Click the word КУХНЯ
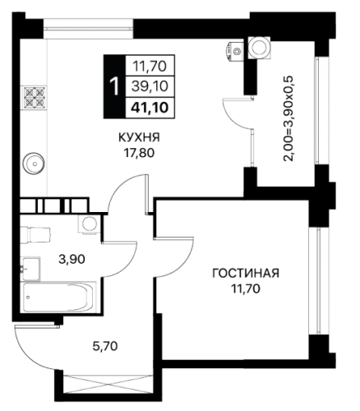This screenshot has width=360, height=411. [x=139, y=137]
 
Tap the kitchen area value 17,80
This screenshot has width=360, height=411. [x=140, y=153]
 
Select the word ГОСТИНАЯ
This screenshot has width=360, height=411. [x=246, y=274]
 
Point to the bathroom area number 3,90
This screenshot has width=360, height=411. [x=72, y=259]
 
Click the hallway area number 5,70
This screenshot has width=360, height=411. [x=105, y=346]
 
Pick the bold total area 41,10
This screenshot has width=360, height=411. [x=150, y=108]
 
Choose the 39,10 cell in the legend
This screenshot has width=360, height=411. [x=150, y=86]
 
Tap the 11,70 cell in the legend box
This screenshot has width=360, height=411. [x=150, y=66]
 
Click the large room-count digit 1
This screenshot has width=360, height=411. [x=114, y=86]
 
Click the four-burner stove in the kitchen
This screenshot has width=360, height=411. [x=35, y=97]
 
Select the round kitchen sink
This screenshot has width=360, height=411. [x=34, y=164]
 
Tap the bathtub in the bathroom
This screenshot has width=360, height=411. [x=60, y=297]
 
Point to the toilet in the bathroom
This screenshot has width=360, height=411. [x=35, y=234]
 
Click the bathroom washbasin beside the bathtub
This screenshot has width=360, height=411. [x=31, y=269]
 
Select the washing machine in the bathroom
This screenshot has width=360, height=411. [x=89, y=224]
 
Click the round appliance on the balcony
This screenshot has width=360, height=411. [x=259, y=48]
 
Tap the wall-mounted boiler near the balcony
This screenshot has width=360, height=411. [x=234, y=51]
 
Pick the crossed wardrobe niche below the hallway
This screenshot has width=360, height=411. [x=108, y=385]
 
